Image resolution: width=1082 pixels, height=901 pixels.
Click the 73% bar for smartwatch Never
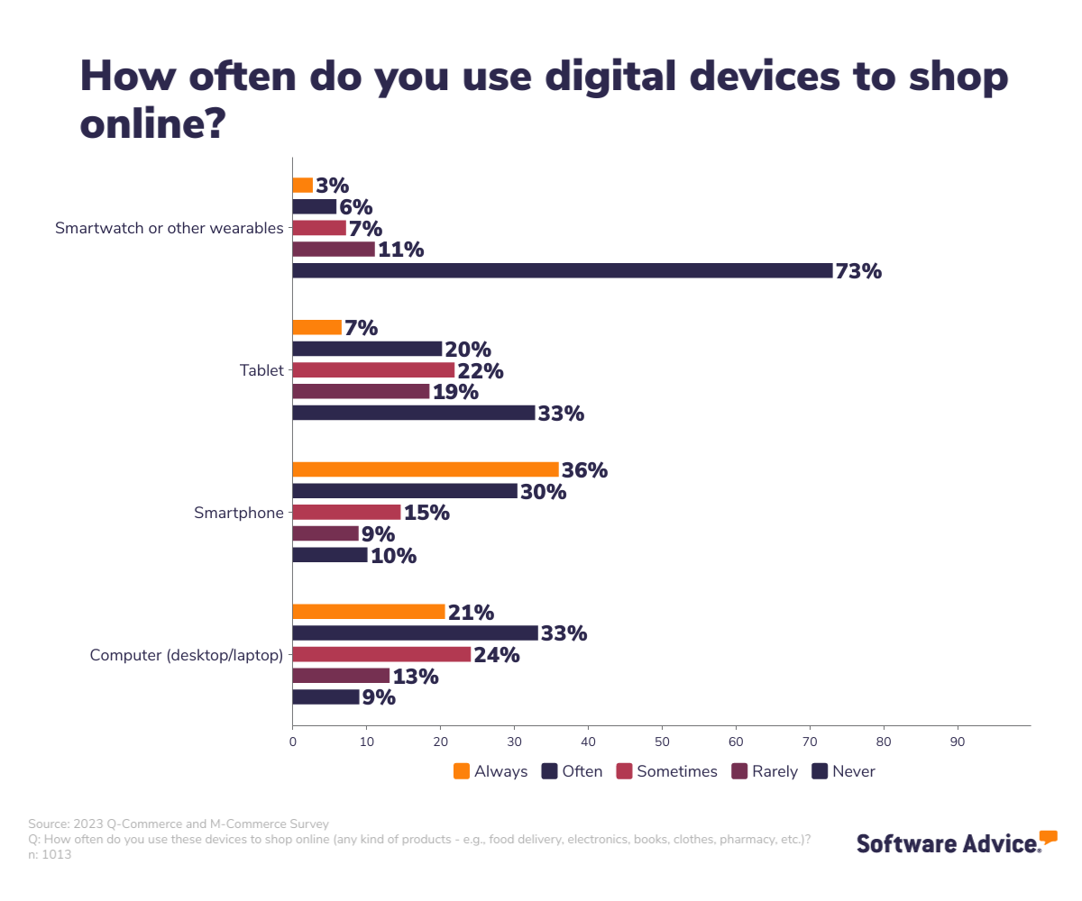562,270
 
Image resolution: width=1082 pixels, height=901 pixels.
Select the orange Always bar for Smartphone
426,469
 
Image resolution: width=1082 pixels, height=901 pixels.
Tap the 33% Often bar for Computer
415,633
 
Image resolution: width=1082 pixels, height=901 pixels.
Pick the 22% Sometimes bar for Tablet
373,370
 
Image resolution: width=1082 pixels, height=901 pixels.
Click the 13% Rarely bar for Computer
341,676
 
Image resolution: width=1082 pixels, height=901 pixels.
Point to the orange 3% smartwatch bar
303,185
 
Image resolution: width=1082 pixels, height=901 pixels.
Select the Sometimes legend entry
666,771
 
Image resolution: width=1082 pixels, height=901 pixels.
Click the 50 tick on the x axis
662,742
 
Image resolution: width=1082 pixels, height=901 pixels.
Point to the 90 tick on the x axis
958,742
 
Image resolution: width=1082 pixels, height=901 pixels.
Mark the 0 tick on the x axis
292,742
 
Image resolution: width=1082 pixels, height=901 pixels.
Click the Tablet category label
261,370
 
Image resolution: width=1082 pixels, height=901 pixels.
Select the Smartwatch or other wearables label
170,228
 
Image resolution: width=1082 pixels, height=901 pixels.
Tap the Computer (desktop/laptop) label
187,655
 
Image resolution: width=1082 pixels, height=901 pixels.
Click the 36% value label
584,470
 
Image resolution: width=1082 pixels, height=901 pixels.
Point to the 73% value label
858,271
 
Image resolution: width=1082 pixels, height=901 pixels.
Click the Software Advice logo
956,842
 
